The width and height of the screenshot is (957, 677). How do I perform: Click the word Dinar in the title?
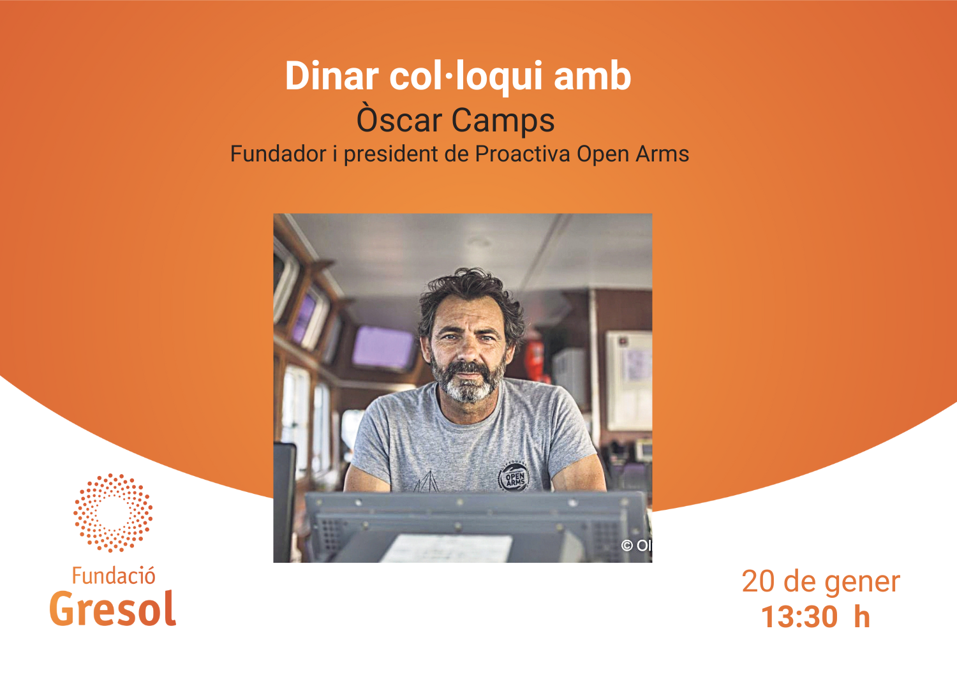(332, 76)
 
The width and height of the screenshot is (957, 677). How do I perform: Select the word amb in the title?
(592, 76)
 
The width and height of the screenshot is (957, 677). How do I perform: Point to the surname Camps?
(503, 121)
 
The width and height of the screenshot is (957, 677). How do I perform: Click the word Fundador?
(278, 153)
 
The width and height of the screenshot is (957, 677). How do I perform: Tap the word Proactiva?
(522, 153)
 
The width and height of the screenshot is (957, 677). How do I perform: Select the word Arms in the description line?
(662, 154)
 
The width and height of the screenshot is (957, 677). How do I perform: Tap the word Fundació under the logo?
(113, 576)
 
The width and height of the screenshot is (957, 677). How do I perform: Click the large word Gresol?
(112, 609)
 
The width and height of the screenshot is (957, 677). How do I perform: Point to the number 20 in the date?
(758, 582)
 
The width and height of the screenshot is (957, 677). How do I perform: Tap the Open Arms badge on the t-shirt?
(514, 477)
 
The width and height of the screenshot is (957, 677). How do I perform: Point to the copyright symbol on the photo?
(627, 546)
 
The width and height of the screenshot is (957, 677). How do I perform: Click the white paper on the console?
(447, 549)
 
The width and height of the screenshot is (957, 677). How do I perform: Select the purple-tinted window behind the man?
(383, 348)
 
